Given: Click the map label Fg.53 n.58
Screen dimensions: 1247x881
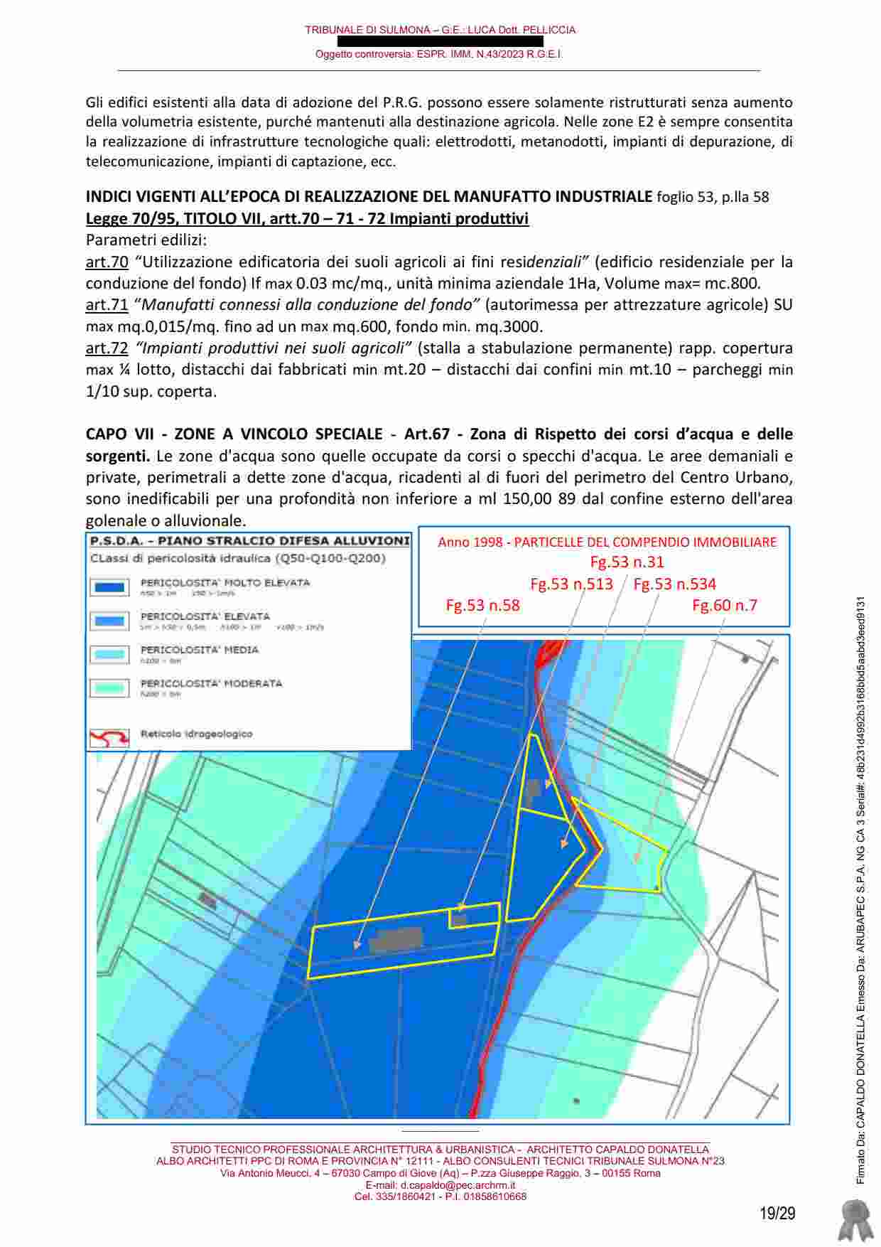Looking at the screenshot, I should click(x=482, y=606).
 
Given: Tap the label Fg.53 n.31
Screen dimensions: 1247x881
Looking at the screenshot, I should click(x=627, y=562).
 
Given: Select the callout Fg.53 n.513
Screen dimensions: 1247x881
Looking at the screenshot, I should click(x=571, y=584).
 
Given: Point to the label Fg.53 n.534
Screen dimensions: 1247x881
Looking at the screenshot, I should click(x=674, y=584).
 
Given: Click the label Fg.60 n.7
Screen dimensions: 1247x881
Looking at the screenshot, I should click(x=725, y=606).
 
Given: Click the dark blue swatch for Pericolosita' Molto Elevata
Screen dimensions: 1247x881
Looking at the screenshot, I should click(x=109, y=587).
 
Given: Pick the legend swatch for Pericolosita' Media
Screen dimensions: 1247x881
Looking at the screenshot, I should click(x=109, y=654).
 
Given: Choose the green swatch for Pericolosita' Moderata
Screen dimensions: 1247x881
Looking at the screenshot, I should click(x=109, y=687).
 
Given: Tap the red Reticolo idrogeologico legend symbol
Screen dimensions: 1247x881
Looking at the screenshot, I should click(x=109, y=737).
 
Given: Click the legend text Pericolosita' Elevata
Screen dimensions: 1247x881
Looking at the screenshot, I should click(x=205, y=616).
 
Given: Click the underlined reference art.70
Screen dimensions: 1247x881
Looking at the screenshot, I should click(x=107, y=262).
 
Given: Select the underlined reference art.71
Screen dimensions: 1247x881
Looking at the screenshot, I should click(x=107, y=305).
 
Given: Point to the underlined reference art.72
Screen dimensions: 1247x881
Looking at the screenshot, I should click(x=107, y=348).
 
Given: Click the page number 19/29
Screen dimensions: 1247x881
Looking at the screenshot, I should click(x=777, y=1213).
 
